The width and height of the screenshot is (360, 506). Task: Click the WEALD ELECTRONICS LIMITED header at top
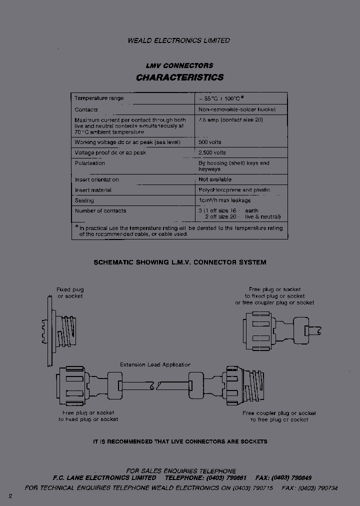click(179, 40)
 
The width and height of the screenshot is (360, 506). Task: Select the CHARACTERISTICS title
click(180, 77)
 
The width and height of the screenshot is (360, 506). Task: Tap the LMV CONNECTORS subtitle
click(179, 65)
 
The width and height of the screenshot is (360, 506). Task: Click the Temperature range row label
click(99, 98)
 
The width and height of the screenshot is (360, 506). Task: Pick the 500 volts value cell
click(210, 142)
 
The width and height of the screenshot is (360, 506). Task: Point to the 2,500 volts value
click(212, 152)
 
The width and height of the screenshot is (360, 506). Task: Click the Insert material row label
click(93, 190)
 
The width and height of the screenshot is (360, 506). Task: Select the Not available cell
click(215, 179)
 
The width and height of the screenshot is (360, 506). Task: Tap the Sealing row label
click(84, 200)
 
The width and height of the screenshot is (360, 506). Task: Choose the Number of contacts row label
click(100, 211)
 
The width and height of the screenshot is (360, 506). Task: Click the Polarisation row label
click(90, 163)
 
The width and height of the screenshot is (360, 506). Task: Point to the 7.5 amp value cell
click(231, 120)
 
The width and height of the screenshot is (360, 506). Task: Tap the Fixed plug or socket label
click(70, 292)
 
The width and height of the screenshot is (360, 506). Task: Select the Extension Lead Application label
click(155, 365)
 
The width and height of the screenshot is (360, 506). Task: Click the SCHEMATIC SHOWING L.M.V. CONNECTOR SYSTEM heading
click(180, 262)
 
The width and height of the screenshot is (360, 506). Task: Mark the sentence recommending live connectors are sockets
click(180, 441)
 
